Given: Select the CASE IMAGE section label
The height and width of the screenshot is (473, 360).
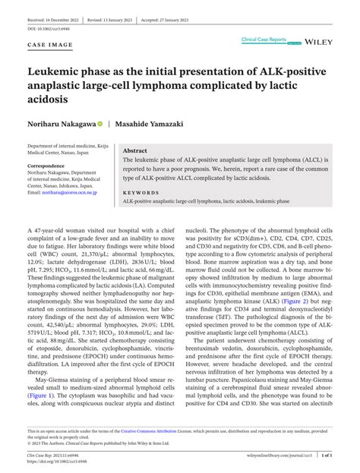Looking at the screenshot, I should (x=49, y=46).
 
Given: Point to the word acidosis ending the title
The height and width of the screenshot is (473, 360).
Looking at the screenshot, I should (x=49, y=99).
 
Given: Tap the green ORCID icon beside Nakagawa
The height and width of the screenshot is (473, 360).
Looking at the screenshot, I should (x=100, y=123).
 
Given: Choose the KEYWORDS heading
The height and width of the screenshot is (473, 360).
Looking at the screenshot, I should (x=140, y=194).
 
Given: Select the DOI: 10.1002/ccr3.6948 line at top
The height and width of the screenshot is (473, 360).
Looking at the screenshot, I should (x=49, y=28).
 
